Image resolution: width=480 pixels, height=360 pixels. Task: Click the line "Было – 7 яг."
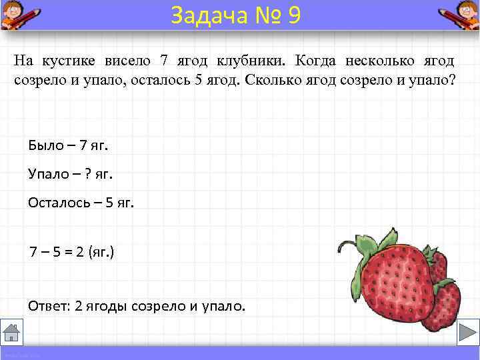(68, 145)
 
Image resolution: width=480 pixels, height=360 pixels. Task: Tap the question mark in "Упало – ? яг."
(87, 174)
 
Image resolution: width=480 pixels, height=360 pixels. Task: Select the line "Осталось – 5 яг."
(81, 203)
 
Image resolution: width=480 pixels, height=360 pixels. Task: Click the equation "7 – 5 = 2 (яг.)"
(71, 253)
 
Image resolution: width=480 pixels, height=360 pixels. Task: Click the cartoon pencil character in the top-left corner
(20, 15)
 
